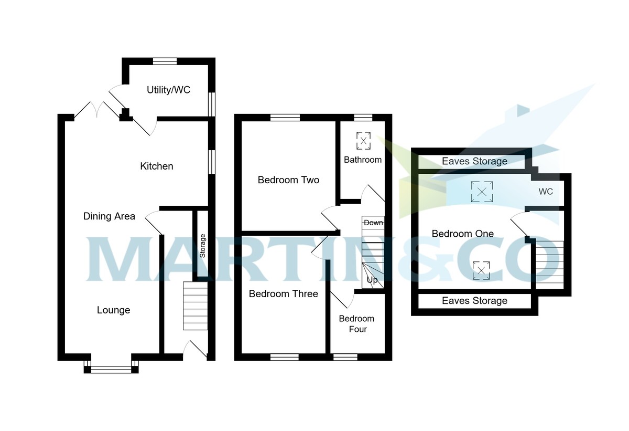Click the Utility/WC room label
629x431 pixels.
point(168,90)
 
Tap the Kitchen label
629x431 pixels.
point(156,166)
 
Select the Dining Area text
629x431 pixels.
point(109,216)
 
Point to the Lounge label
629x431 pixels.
point(113,310)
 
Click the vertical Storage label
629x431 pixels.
point(203,246)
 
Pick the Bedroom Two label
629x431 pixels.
point(288,180)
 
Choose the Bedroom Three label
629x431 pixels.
point(283,293)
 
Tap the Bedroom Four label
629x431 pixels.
point(356,324)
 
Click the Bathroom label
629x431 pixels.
point(363,160)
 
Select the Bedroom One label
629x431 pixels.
point(462,234)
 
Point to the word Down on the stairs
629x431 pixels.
point(373,223)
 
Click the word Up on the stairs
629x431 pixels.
point(372,280)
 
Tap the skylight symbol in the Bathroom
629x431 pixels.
point(363,140)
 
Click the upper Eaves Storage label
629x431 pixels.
point(474,161)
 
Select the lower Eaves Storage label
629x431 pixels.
point(474,301)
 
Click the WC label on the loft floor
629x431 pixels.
point(546,192)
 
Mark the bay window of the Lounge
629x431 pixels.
point(111,369)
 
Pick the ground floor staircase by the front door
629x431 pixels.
point(195,306)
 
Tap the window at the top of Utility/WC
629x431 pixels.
point(165,61)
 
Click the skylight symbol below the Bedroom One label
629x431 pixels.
point(481,270)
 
